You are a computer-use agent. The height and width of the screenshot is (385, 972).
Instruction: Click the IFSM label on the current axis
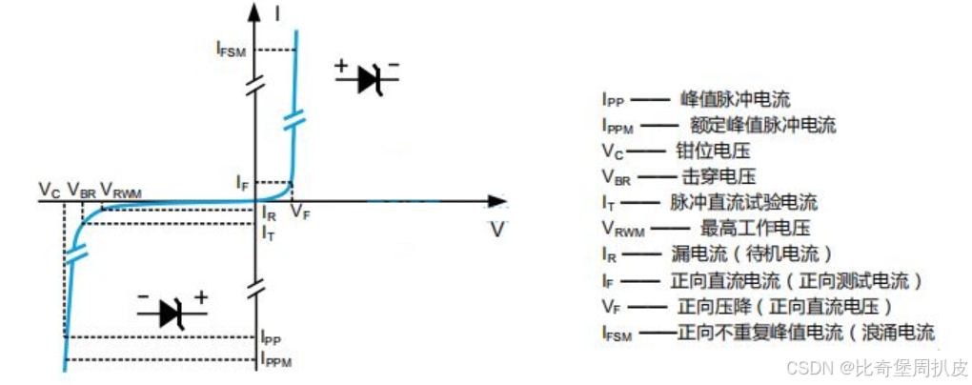pyautogui.click(x=230, y=51)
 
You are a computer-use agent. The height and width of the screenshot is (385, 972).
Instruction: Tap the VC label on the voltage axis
pyautogui.click(x=50, y=191)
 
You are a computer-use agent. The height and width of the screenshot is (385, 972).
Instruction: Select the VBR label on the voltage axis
pyautogui.click(x=82, y=191)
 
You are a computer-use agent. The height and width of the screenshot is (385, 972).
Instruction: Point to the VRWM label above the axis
pyautogui.click(x=121, y=191)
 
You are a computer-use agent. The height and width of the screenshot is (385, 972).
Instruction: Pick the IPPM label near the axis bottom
pyautogui.click(x=276, y=360)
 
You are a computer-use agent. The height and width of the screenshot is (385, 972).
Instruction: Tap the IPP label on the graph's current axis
pyautogui.click(x=272, y=337)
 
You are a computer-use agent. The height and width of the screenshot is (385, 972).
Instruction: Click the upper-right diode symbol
pyautogui.click(x=368, y=79)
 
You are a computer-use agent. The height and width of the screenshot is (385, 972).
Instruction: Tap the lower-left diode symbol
pyautogui.click(x=172, y=311)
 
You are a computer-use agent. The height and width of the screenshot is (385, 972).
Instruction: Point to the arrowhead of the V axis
pyautogui.click(x=496, y=201)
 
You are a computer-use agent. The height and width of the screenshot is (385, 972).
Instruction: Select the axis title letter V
pyautogui.click(x=497, y=230)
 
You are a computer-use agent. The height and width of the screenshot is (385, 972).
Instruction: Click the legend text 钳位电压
pyautogui.click(x=714, y=150)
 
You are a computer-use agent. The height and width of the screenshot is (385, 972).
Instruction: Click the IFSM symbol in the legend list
pyautogui.click(x=618, y=334)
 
